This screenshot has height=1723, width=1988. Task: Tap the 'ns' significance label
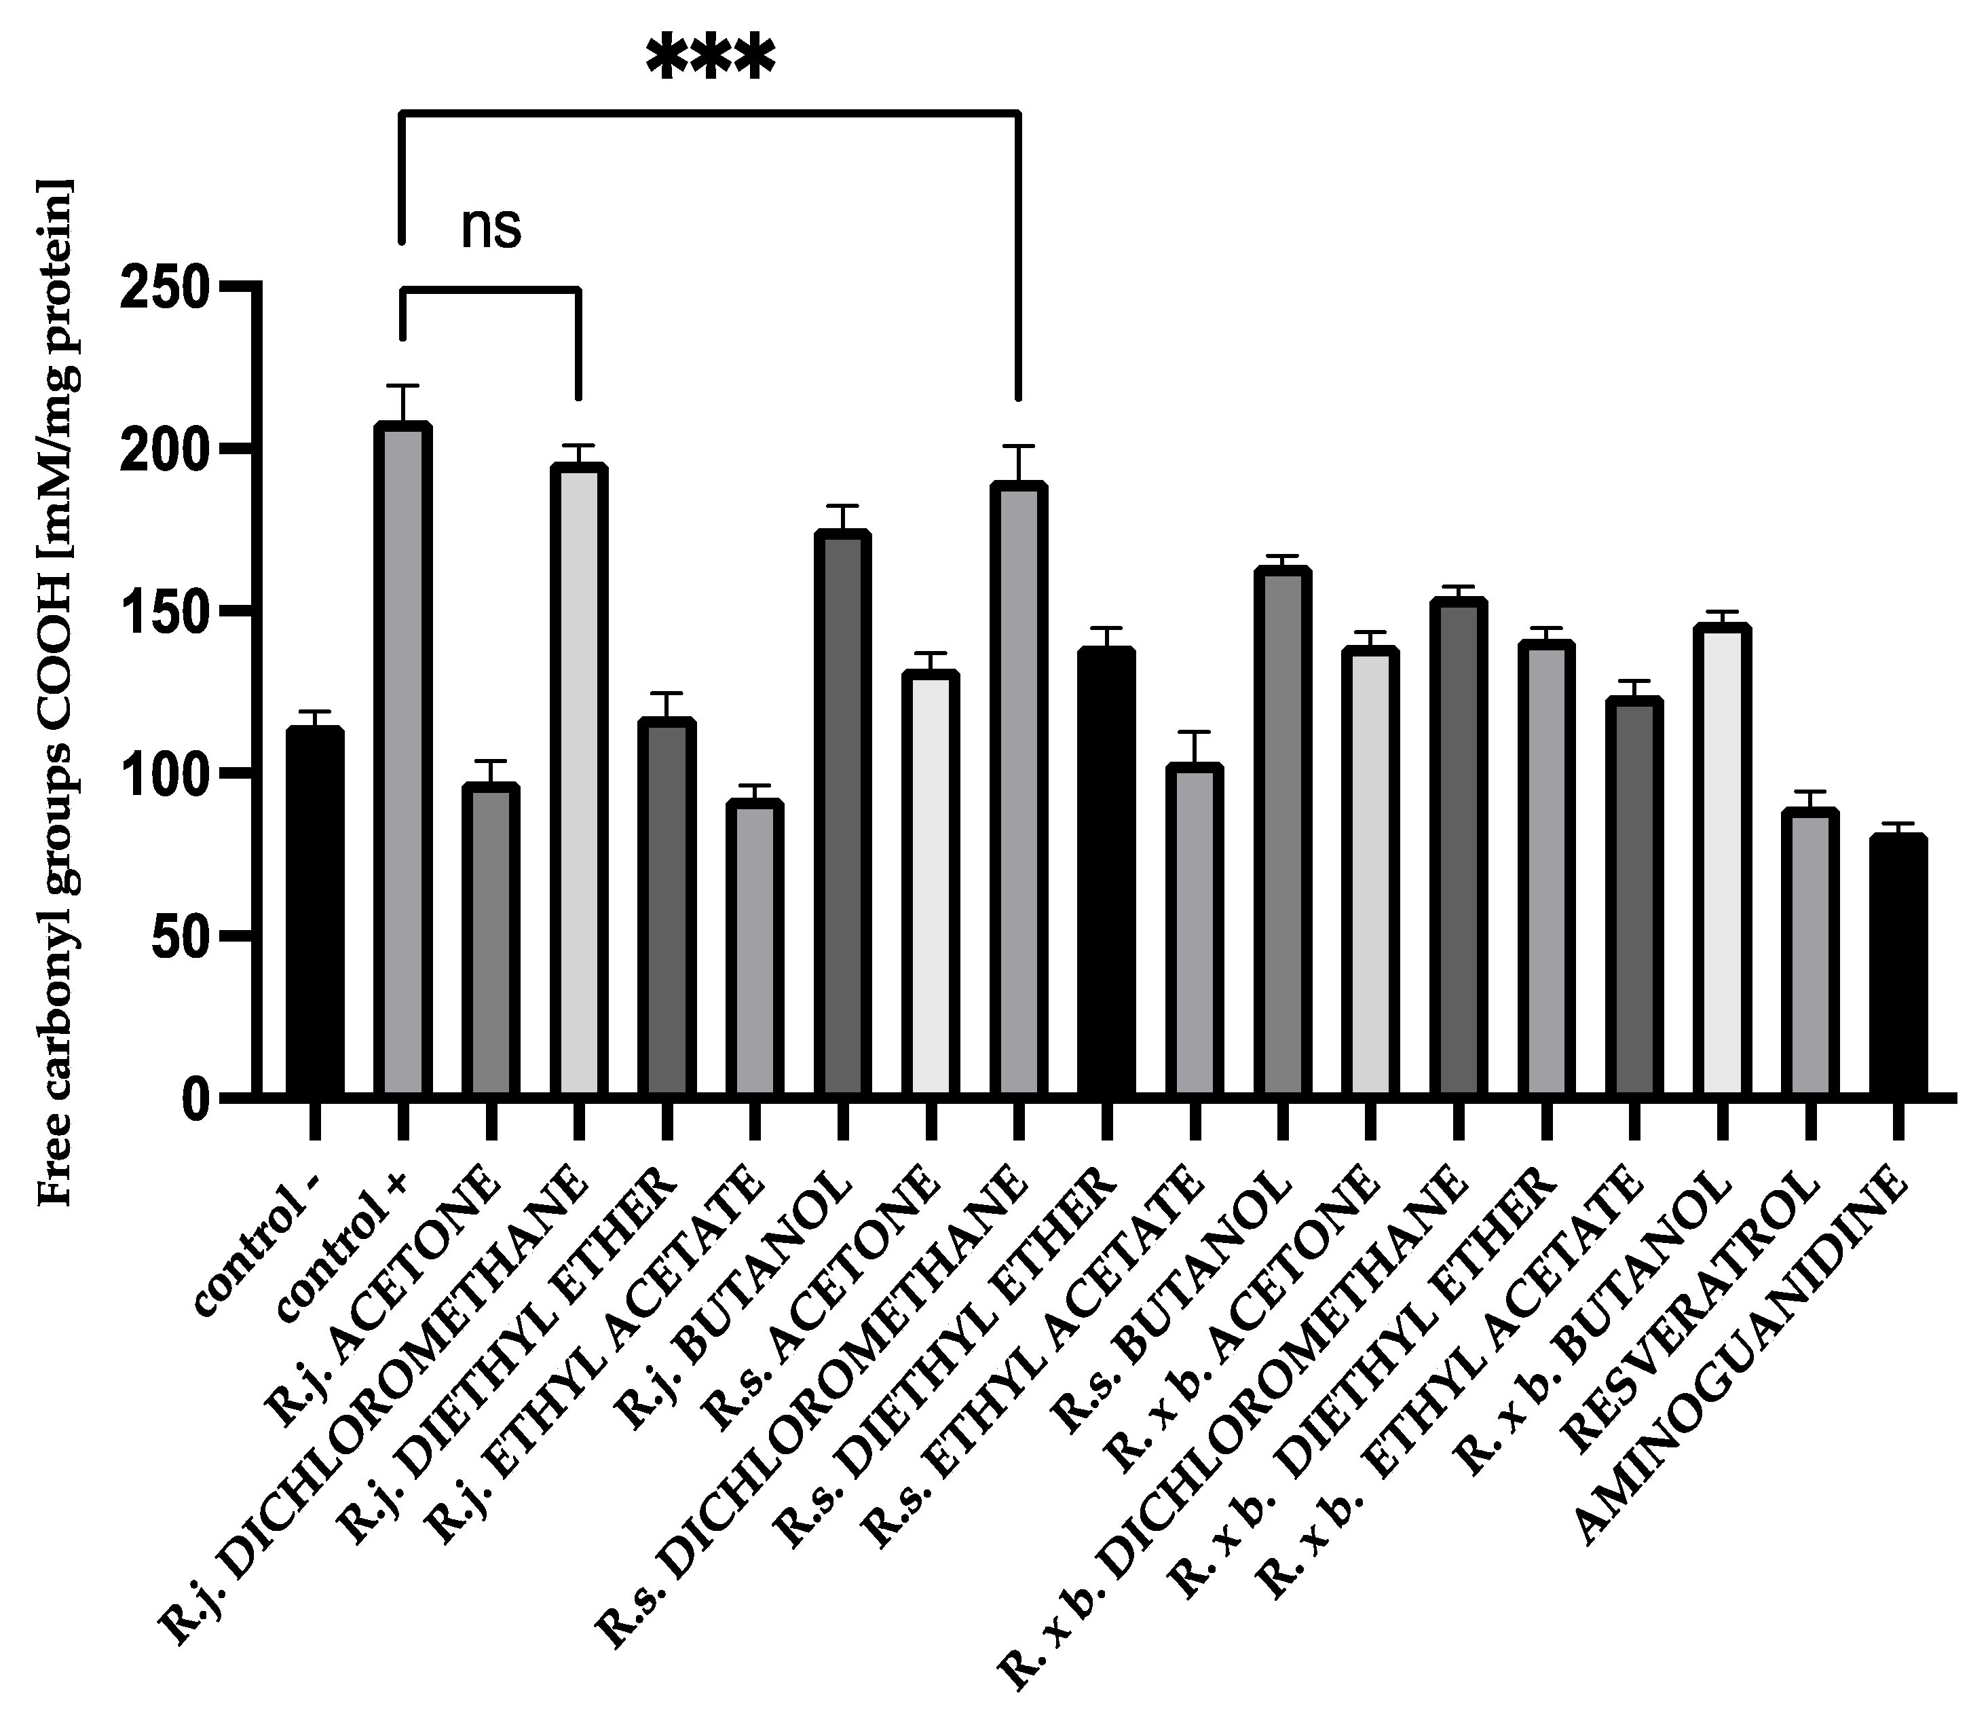coord(491,229)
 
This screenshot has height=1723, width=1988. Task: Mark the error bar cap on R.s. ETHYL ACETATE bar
coord(1194,733)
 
